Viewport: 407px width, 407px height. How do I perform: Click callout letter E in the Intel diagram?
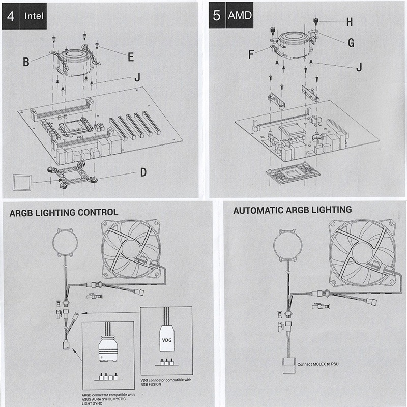131,57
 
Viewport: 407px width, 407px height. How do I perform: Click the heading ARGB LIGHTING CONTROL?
64,212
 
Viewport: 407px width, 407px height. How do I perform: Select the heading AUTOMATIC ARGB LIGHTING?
292,209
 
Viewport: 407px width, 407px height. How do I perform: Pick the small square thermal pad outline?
22,181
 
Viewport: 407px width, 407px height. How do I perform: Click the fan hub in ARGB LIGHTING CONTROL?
131,249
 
